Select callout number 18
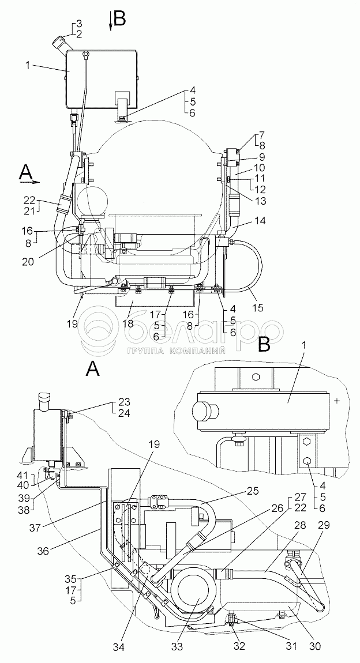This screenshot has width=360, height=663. (127, 324)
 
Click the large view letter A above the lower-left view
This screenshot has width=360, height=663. (93, 370)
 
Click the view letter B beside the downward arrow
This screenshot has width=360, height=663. (120, 20)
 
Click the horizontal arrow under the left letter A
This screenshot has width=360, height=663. (29, 182)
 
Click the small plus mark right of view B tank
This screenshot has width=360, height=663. (336, 401)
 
